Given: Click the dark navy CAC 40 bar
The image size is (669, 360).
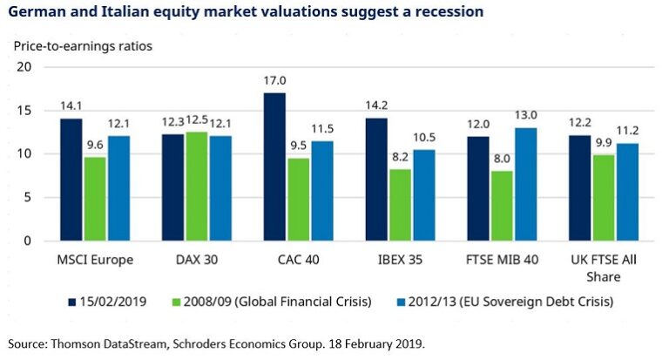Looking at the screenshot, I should click(x=274, y=166).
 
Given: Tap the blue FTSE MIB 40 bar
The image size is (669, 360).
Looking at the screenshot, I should click(x=526, y=184).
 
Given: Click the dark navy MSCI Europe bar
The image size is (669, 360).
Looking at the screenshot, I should click(x=71, y=180).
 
